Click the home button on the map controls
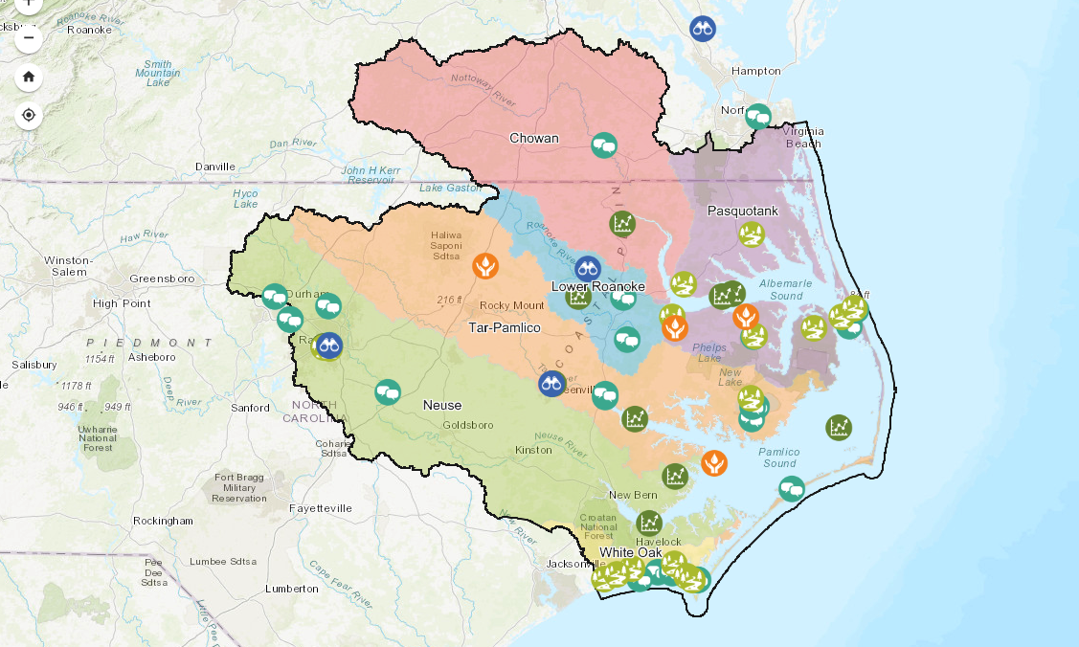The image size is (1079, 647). point(29,78)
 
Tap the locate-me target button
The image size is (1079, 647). point(29,116)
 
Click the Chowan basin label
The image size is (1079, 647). point(533,138)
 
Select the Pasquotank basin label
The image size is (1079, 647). point(742,210)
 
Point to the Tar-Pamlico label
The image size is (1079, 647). point(505,327)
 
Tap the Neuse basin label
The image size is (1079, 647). point(442,405)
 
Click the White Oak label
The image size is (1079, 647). point(631,553)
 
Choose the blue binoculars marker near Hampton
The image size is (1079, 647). point(703,28)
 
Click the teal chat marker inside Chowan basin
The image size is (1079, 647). point(603,145)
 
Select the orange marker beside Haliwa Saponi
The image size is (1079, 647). point(485,265)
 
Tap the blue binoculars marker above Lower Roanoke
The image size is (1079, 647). point(587,268)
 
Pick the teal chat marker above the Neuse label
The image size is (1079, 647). point(387,391)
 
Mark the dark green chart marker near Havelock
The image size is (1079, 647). point(649,523)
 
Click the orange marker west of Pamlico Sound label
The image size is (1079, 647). point(713,463)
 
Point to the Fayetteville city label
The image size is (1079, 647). point(321,507)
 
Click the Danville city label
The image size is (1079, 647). point(214,167)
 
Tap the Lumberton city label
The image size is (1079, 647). point(291,589)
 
